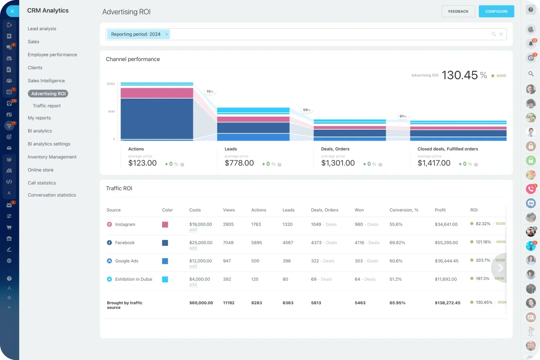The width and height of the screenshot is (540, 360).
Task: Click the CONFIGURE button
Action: [x=496, y=11]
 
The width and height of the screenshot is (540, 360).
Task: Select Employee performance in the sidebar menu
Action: [x=52, y=55]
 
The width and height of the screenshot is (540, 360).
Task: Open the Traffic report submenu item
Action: [x=47, y=106]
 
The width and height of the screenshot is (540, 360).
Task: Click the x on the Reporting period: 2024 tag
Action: [x=167, y=34]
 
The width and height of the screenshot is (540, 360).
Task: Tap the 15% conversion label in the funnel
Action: [x=210, y=92]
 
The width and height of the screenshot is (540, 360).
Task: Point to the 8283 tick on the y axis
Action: [x=111, y=84]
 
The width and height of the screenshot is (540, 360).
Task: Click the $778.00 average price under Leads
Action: [x=239, y=163]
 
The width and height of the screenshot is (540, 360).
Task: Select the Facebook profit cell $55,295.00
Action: [x=446, y=243]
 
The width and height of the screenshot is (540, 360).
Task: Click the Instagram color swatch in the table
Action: [x=165, y=225]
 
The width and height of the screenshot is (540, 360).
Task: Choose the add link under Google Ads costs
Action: [x=193, y=266]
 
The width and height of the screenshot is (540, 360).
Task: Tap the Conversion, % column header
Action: [x=404, y=210]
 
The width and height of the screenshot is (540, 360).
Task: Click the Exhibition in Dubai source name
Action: [x=133, y=279]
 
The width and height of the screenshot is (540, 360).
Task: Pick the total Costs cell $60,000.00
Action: [x=201, y=303]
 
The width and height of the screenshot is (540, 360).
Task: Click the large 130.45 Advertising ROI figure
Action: [x=459, y=75]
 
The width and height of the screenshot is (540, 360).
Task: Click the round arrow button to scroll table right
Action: [x=500, y=268]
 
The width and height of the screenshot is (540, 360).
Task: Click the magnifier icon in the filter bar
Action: [x=494, y=34]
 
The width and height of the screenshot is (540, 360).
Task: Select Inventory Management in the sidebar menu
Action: [x=52, y=157]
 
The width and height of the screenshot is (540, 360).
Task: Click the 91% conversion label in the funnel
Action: [x=403, y=116]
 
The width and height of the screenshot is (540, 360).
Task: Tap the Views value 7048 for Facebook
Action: [x=228, y=243]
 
